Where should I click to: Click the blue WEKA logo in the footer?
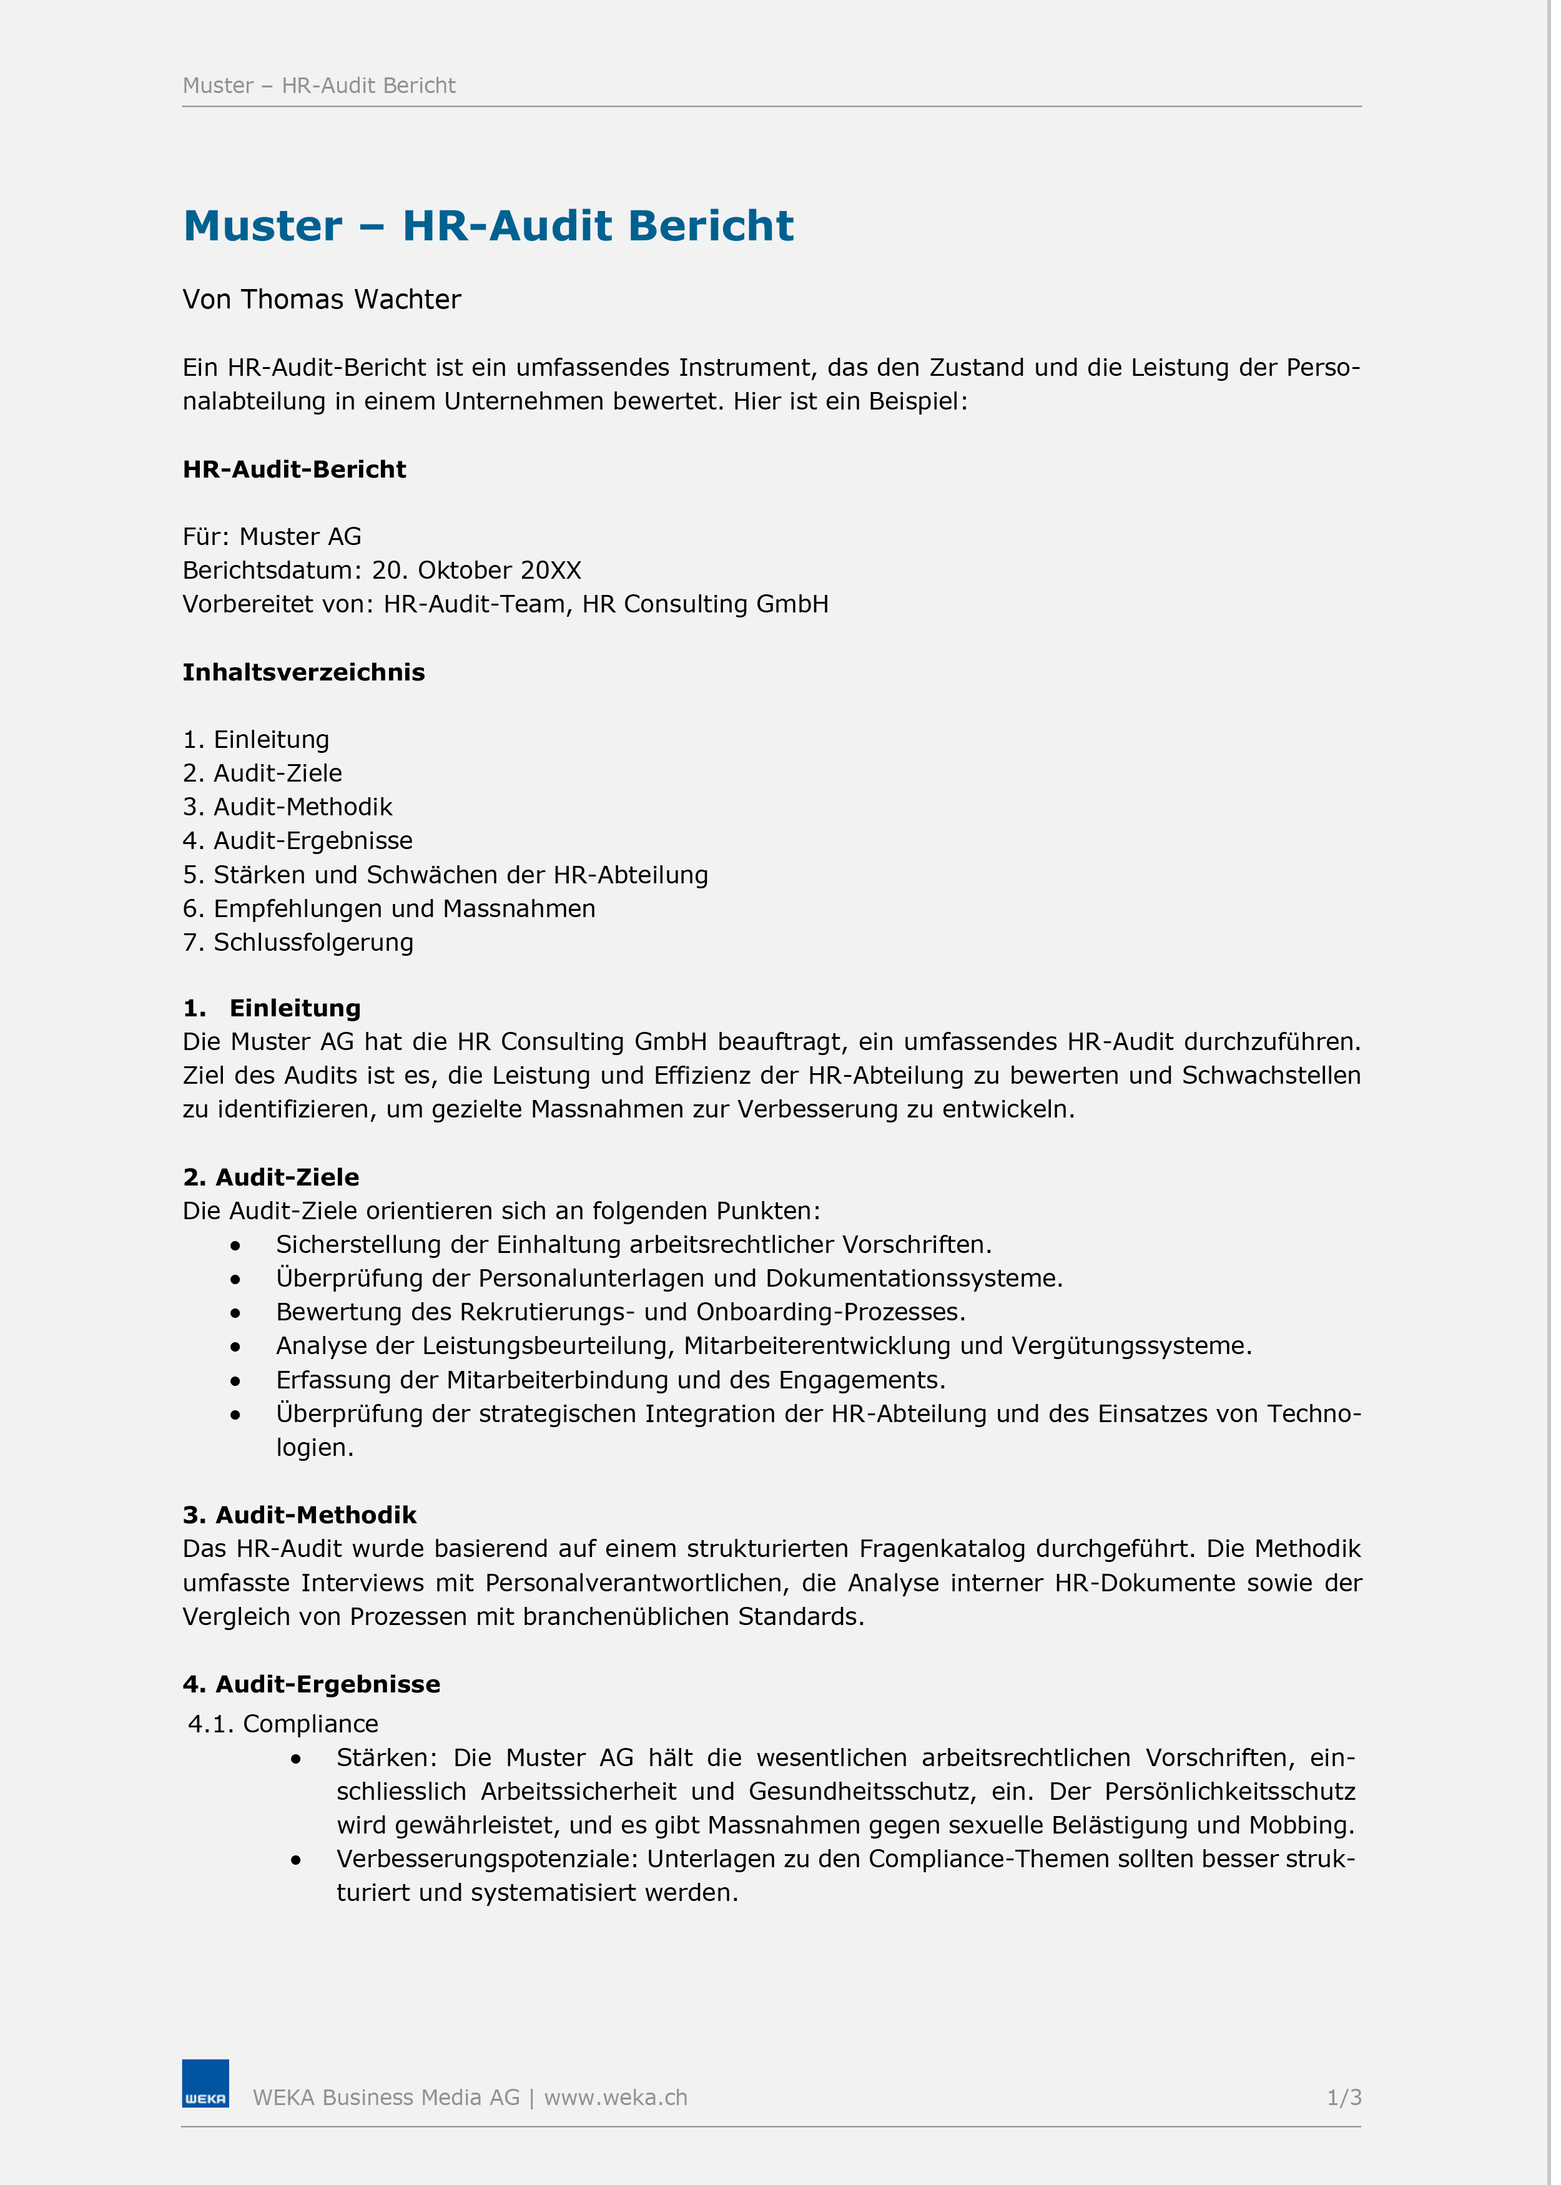pyautogui.click(x=205, y=2083)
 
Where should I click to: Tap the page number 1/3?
pyautogui.click(x=1344, y=2098)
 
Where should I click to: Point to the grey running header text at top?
pyautogui.click(x=319, y=86)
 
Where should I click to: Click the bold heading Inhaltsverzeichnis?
pyautogui.click(x=303, y=672)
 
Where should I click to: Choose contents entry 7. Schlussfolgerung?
pyautogui.click(x=298, y=943)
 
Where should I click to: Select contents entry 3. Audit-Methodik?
pyautogui.click(x=287, y=807)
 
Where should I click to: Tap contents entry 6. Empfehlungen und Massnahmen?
pyautogui.click(x=388, y=909)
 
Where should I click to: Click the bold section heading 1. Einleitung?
pyautogui.click(x=272, y=1008)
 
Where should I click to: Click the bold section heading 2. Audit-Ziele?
pyautogui.click(x=271, y=1177)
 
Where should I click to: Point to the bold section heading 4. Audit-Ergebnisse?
pyautogui.click(x=312, y=1684)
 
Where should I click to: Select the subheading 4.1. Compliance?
pyautogui.click(x=283, y=1724)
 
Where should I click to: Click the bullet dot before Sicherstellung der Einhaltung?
pyautogui.click(x=235, y=1246)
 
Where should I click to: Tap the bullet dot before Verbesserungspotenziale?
pyautogui.click(x=296, y=1860)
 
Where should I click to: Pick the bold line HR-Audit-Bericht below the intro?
pyautogui.click(x=294, y=470)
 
